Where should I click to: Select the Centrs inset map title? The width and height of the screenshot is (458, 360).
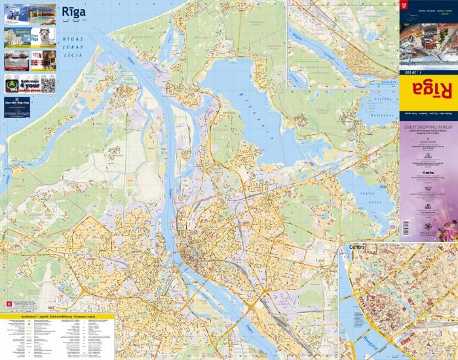[x=358, y=247]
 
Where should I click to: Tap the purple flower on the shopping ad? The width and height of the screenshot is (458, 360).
[x=447, y=228]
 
